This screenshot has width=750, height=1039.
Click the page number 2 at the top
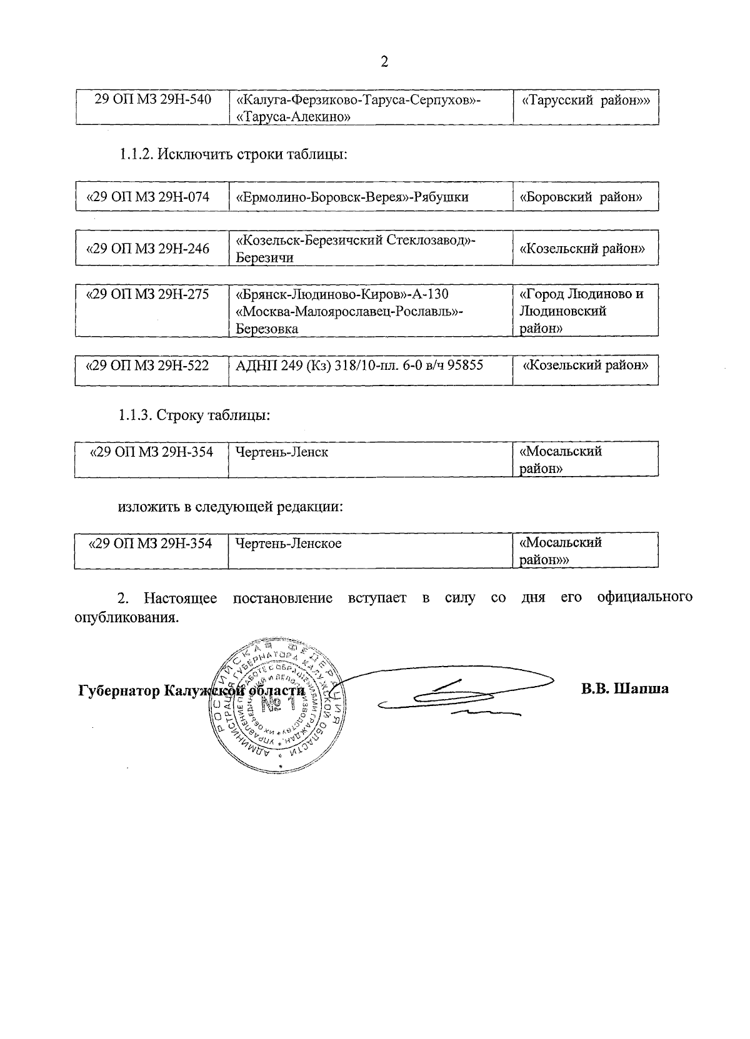point(384,61)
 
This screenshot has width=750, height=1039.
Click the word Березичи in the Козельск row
point(265,257)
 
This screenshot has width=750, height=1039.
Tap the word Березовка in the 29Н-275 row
point(267,329)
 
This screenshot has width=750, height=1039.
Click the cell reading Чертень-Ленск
point(282,452)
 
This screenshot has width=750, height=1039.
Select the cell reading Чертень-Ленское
point(289,544)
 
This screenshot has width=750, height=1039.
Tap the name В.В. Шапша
point(624,689)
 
